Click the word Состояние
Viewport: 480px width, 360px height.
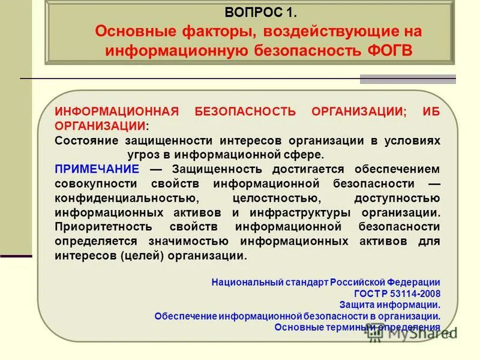(x=87, y=140)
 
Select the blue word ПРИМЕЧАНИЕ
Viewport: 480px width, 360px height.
(x=97, y=169)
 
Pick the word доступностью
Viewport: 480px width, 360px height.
(x=397, y=198)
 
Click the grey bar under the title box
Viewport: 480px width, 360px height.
(x=407, y=79)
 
